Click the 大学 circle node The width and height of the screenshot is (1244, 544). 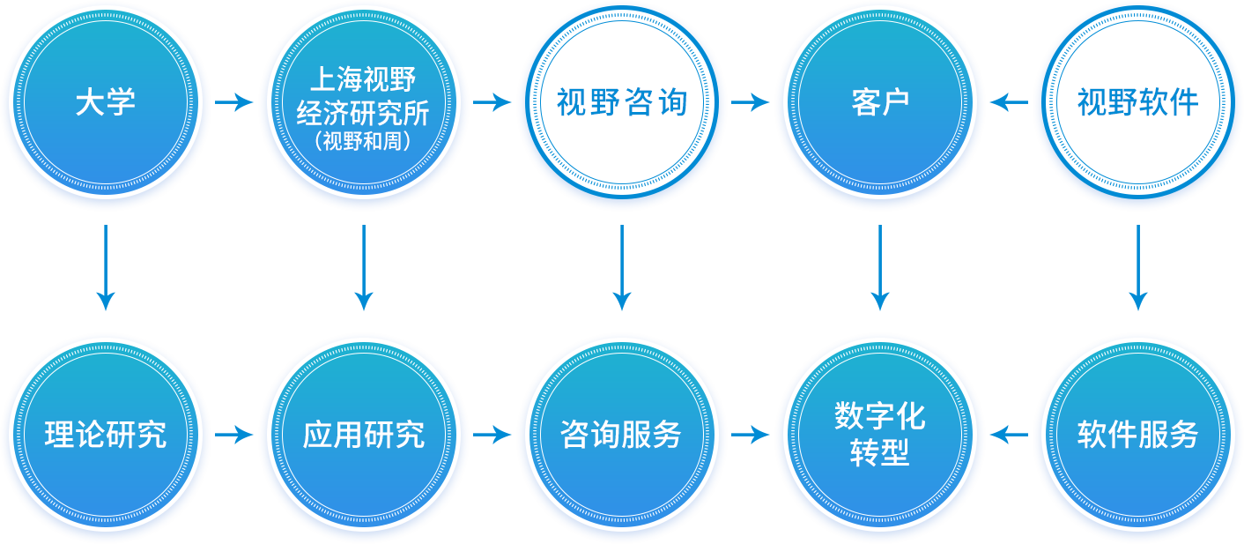click(106, 102)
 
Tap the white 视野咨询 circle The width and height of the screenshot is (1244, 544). click(621, 102)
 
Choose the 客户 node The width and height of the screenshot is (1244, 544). click(879, 102)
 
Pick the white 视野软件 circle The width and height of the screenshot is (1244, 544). click(1137, 102)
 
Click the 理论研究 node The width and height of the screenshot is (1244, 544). click(106, 435)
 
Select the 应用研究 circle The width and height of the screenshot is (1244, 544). click(363, 435)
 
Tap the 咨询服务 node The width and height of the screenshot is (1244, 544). click(621, 435)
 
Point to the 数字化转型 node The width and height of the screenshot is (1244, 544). click(879, 435)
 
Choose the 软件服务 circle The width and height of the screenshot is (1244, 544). click(1137, 435)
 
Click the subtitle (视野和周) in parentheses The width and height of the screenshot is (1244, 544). click(363, 141)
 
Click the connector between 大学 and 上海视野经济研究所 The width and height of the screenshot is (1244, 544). click(234, 102)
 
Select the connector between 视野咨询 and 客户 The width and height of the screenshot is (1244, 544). click(751, 102)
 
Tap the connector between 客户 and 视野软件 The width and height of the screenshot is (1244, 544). click(1009, 102)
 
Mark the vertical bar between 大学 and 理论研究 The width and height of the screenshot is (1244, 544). click(106, 267)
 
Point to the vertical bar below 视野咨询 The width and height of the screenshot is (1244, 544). click(621, 267)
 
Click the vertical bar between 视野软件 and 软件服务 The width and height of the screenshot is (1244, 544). click(1137, 267)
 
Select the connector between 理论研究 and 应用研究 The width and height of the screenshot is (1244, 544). click(234, 435)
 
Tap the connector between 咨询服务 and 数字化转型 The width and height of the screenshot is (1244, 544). click(751, 435)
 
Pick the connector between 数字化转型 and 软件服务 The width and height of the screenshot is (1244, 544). click(1009, 435)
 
